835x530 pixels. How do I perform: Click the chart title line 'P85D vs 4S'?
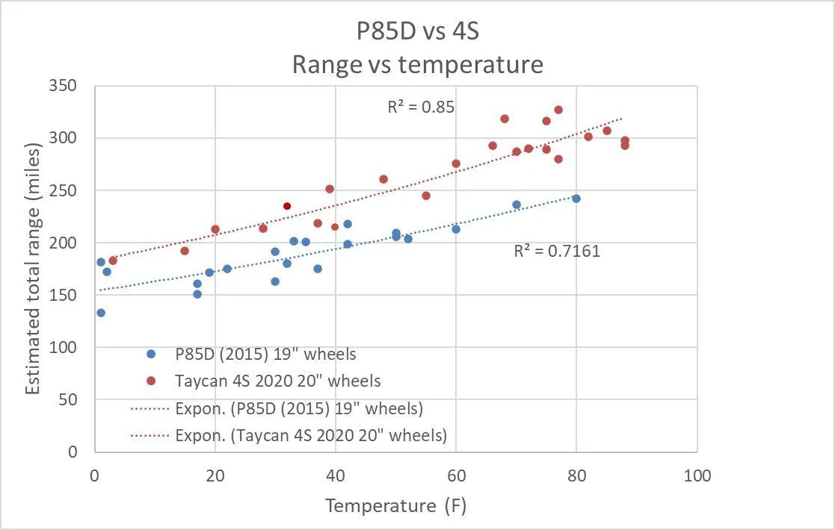point(417,31)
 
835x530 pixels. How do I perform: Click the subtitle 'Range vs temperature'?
point(417,64)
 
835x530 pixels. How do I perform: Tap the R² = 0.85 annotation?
point(421,107)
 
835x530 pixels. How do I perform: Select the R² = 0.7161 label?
point(557,250)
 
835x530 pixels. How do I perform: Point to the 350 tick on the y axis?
point(63,86)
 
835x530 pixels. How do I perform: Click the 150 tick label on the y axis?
point(63,295)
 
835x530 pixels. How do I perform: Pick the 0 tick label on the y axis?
point(73,452)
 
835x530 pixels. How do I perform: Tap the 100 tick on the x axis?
point(697,476)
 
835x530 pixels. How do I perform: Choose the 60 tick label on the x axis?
point(457,476)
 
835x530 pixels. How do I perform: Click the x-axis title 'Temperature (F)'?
point(395,505)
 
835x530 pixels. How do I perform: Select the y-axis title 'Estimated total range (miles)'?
point(33,269)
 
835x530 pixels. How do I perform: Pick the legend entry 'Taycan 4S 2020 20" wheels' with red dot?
point(264,381)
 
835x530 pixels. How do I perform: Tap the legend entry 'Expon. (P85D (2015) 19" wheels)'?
point(277,408)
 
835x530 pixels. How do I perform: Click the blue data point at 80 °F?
point(576,199)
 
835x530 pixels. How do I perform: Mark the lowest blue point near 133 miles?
point(101,313)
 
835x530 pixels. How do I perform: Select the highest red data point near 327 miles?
point(558,110)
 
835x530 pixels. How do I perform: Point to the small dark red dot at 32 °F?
point(287,206)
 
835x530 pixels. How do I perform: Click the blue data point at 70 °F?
point(516,205)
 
